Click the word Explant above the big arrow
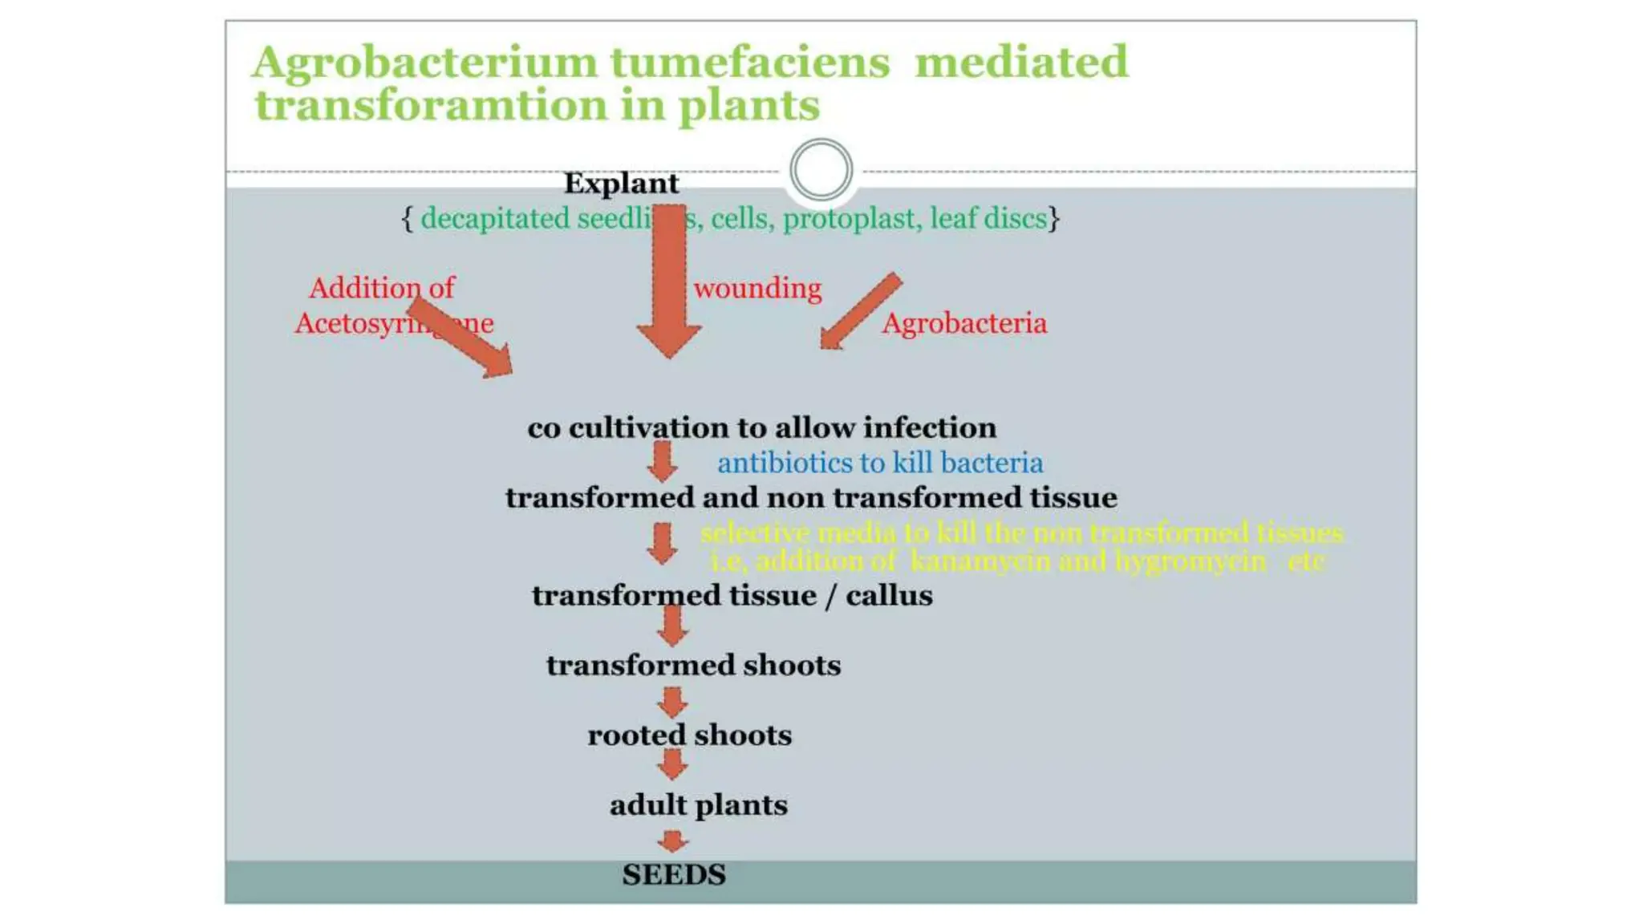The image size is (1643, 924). point(621,184)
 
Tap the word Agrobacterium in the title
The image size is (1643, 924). point(425,63)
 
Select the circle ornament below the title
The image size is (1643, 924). point(820,170)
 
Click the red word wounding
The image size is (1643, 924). point(757,289)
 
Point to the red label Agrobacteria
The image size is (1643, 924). point(963,323)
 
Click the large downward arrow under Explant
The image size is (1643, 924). point(669,281)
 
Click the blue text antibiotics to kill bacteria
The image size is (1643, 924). point(879,464)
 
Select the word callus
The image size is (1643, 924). point(889,596)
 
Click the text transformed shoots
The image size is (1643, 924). point(693,666)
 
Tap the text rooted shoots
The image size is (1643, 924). point(689,736)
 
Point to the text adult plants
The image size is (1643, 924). point(698,805)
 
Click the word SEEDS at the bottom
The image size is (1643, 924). point(673,875)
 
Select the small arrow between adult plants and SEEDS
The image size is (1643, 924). point(672,841)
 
